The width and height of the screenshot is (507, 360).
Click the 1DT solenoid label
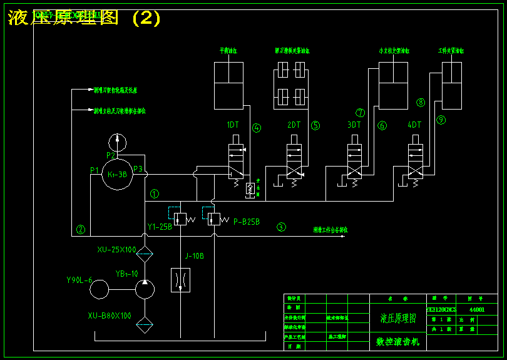[233, 125]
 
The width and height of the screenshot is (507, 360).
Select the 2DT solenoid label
[294, 125]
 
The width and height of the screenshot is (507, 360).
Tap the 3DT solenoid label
[354, 125]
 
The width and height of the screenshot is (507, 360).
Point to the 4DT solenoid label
[414, 125]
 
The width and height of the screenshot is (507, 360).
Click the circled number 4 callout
[257, 128]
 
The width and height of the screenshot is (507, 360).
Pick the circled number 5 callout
[315, 125]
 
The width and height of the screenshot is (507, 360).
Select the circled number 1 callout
[155, 194]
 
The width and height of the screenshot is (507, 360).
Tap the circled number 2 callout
[81, 229]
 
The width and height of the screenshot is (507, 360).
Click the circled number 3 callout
[282, 227]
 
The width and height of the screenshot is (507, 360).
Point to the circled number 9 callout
[441, 120]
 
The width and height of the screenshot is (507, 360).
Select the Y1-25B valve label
[160, 227]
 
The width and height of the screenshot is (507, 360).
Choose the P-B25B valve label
[247, 222]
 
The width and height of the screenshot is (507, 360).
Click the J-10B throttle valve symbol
[180, 280]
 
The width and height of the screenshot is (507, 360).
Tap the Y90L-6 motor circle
[99, 290]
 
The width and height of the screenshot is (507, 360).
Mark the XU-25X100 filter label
[116, 250]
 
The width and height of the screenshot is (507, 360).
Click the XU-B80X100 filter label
[110, 316]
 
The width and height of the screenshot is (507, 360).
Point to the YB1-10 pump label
[126, 274]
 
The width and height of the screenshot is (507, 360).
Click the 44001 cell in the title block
[476, 309]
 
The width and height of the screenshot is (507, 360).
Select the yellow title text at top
[84, 18]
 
